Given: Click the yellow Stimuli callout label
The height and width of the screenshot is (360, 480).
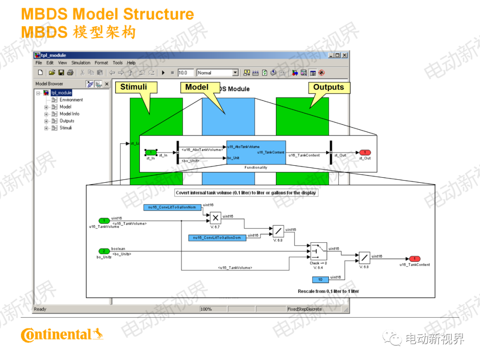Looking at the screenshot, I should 133,87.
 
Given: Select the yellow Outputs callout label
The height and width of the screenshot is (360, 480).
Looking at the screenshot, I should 329,88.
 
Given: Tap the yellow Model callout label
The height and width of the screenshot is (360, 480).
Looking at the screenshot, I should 197,87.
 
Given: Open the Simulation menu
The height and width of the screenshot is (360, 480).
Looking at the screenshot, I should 80,63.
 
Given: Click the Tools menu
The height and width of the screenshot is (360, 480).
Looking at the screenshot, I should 117,63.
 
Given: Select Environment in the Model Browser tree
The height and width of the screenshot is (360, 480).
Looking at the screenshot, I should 71,100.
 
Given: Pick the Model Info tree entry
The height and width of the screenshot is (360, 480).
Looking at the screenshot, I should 69,114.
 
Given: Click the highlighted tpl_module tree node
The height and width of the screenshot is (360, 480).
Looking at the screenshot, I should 61,92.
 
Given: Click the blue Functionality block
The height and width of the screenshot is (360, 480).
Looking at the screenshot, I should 256,152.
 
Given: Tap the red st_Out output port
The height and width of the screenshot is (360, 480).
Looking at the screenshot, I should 365,152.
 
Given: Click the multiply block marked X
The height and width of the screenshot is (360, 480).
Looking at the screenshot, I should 215,218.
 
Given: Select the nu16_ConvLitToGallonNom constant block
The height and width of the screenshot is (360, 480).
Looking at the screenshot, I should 172,208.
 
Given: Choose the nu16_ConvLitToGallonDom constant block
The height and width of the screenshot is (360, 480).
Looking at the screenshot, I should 217,238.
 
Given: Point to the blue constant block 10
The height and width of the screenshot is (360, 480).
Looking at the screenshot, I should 320,279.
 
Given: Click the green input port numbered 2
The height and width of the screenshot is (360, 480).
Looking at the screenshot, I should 104,251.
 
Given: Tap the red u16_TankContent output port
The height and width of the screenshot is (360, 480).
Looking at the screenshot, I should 414,259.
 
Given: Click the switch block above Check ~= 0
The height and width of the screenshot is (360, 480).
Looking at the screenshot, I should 318,252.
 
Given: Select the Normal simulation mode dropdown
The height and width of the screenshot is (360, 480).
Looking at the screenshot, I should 217,72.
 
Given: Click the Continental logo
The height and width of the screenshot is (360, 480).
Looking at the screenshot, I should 62,335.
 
